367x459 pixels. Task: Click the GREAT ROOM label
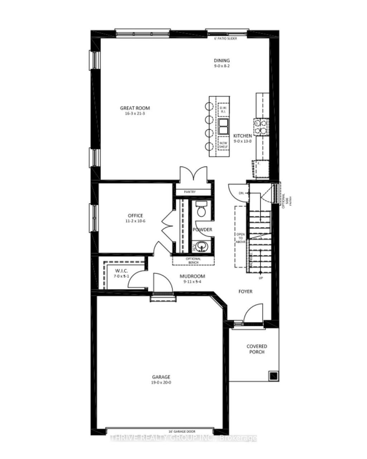(x=135, y=108)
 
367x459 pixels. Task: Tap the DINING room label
(x=222, y=61)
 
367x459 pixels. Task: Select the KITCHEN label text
(x=243, y=136)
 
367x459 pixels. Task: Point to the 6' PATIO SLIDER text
(x=226, y=39)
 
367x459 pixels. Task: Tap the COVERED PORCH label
(x=257, y=349)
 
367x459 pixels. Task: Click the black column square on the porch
(x=273, y=375)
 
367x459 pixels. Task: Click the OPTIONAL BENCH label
(x=193, y=260)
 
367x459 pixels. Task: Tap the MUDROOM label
(x=192, y=276)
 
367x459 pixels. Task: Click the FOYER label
(x=246, y=291)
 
